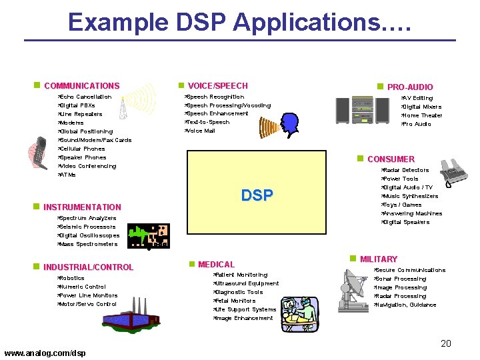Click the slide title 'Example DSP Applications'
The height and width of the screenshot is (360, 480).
(240, 22)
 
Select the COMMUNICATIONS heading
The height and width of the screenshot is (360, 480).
(81, 86)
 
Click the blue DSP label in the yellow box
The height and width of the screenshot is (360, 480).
(257, 195)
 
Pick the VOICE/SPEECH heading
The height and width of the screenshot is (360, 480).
(217, 86)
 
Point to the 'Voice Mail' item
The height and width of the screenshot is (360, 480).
(201, 131)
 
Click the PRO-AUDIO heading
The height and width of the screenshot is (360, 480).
(409, 87)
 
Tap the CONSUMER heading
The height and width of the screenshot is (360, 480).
(391, 159)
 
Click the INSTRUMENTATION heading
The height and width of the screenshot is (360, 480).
(82, 207)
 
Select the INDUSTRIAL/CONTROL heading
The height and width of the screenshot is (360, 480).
(88, 267)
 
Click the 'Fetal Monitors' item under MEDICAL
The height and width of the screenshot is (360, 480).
(235, 301)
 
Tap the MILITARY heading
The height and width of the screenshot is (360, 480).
(378, 259)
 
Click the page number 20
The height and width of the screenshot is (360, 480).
(446, 343)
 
